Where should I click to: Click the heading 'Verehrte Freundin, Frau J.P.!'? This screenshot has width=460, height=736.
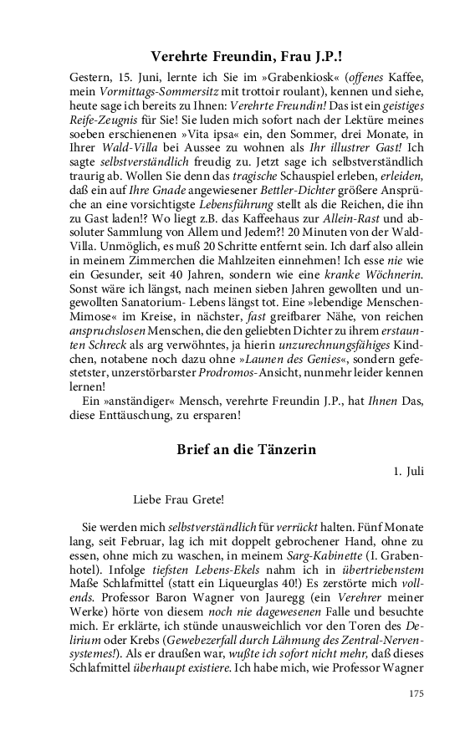(x=246, y=58)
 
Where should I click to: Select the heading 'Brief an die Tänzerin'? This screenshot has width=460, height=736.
(x=246, y=449)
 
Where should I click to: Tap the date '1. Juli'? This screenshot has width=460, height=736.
(x=409, y=472)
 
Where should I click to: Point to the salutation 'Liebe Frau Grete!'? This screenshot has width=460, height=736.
(x=178, y=500)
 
